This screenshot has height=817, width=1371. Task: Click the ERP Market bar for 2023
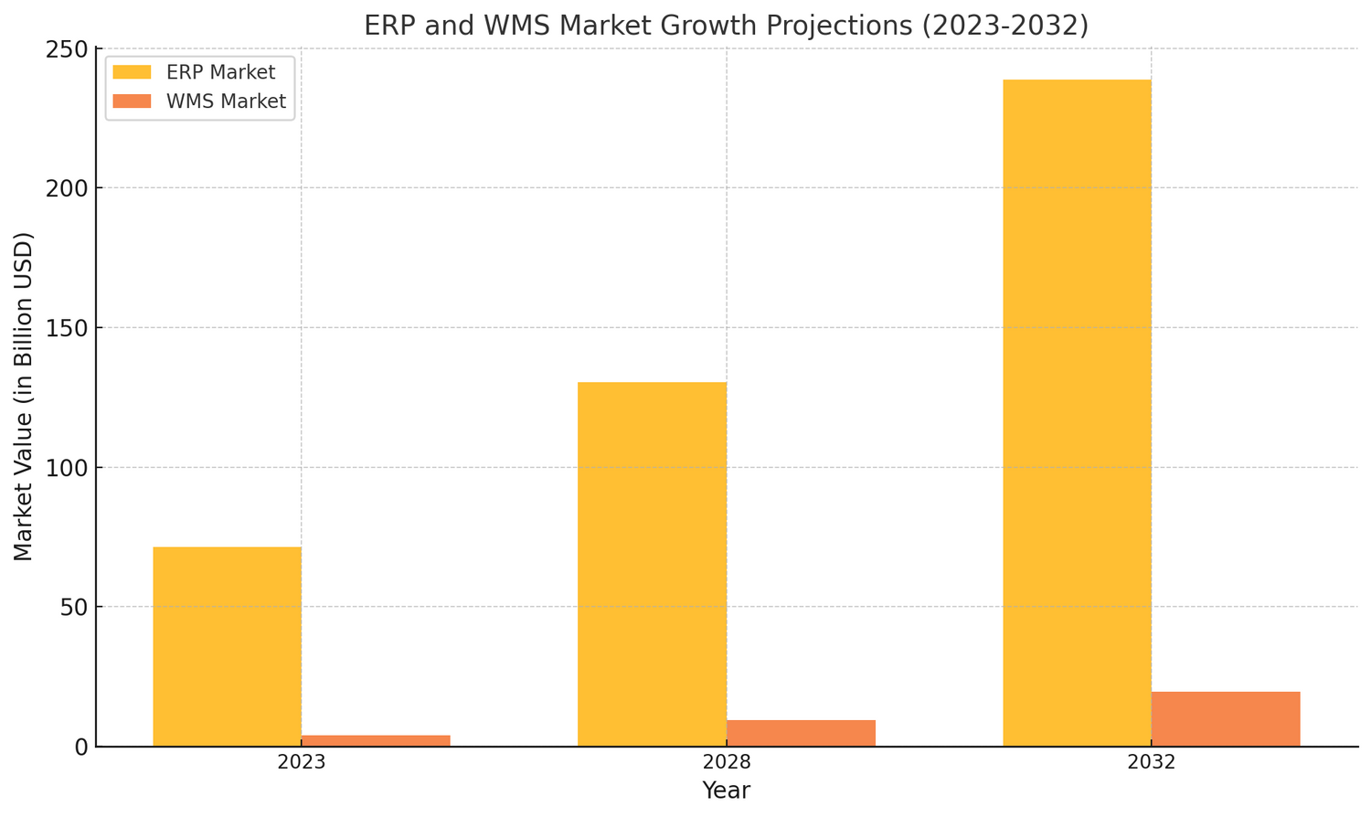pyautogui.click(x=227, y=646)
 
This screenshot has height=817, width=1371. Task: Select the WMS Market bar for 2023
pyautogui.click(x=376, y=740)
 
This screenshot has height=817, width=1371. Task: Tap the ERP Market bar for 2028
pyautogui.click(x=652, y=564)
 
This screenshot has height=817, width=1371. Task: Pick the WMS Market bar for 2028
pyautogui.click(x=801, y=733)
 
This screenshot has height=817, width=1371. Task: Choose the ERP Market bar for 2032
pyautogui.click(x=1077, y=412)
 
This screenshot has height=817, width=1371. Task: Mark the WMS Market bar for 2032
pyautogui.click(x=1226, y=719)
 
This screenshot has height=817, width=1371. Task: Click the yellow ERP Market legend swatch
pyautogui.click(x=133, y=72)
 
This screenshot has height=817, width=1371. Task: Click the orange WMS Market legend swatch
pyautogui.click(x=133, y=101)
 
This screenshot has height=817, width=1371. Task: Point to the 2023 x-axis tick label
pyautogui.click(x=302, y=763)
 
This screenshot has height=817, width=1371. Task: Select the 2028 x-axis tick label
pyautogui.click(x=727, y=763)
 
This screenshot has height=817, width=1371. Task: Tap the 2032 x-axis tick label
pyautogui.click(x=1152, y=763)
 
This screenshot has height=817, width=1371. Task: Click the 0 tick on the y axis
pyautogui.click(x=80, y=747)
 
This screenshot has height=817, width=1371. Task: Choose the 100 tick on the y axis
pyautogui.click(x=67, y=467)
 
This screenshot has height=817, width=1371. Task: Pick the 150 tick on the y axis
pyautogui.click(x=67, y=327)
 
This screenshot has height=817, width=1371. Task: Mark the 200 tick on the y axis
pyautogui.click(x=67, y=188)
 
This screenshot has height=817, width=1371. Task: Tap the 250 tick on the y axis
pyautogui.click(x=67, y=48)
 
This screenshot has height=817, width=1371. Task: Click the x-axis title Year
pyautogui.click(x=727, y=791)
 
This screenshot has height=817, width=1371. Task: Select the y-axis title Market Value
pyautogui.click(x=25, y=396)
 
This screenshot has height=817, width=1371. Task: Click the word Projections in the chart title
pyautogui.click(x=850, y=26)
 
